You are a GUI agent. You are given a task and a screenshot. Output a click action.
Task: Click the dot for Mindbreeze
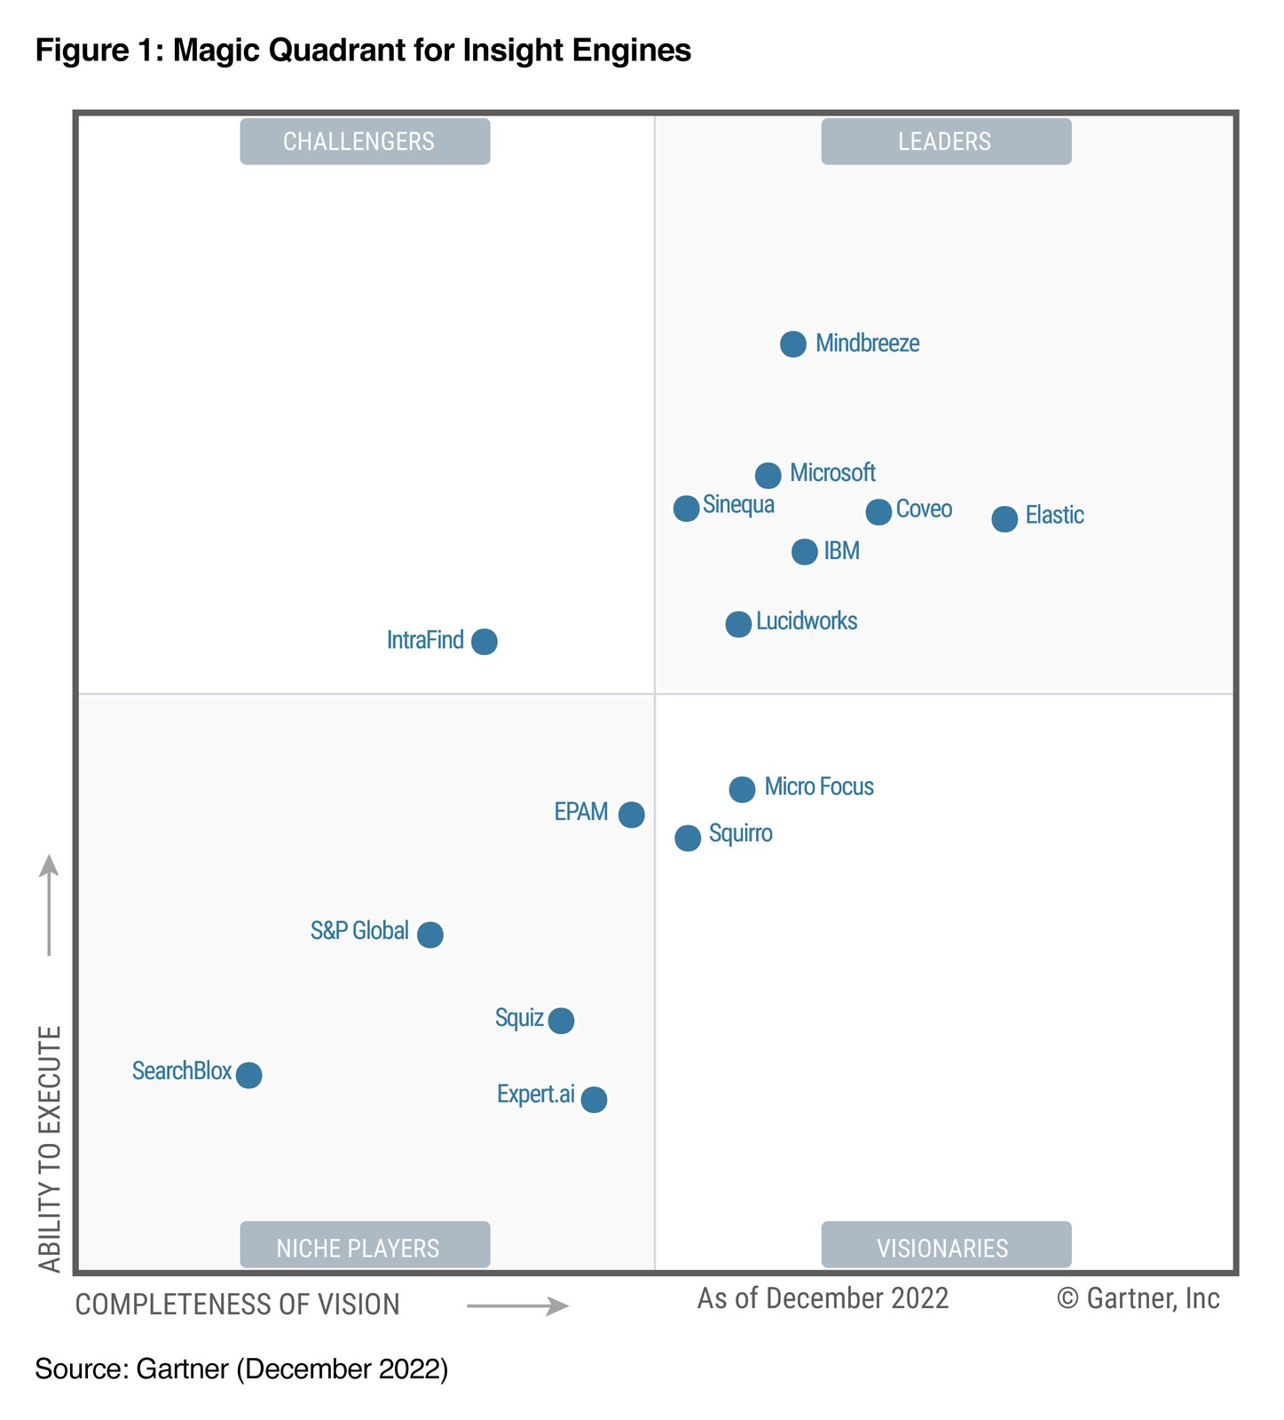coord(792,343)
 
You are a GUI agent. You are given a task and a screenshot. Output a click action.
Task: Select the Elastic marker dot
coord(1004,518)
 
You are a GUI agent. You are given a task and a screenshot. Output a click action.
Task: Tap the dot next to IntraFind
coord(484,641)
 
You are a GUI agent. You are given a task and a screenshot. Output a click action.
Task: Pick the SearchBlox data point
coord(248,1075)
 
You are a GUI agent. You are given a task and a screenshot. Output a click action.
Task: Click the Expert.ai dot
coord(594,1100)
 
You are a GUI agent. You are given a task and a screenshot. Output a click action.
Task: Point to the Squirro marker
coord(687,838)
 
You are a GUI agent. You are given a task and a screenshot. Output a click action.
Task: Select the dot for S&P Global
coord(429,935)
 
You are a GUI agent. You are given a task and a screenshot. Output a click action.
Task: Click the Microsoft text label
coord(831,473)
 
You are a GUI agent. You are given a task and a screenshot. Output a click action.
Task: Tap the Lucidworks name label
coord(806,621)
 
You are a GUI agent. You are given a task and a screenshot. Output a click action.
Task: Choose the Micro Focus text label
coord(818,787)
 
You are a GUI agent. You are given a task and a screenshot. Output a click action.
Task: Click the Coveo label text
coord(923,509)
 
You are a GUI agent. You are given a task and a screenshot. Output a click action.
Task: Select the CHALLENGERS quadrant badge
coord(365,141)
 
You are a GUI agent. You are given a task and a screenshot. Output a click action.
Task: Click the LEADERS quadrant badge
coord(945,141)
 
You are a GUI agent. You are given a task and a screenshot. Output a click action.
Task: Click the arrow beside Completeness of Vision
coord(517,1306)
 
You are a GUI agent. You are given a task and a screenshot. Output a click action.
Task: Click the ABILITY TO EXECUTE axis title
coord(51,1148)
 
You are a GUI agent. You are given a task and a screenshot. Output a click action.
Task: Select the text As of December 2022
coord(822,1298)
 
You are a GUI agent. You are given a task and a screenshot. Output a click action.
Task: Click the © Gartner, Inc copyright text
coord(1138,1298)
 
